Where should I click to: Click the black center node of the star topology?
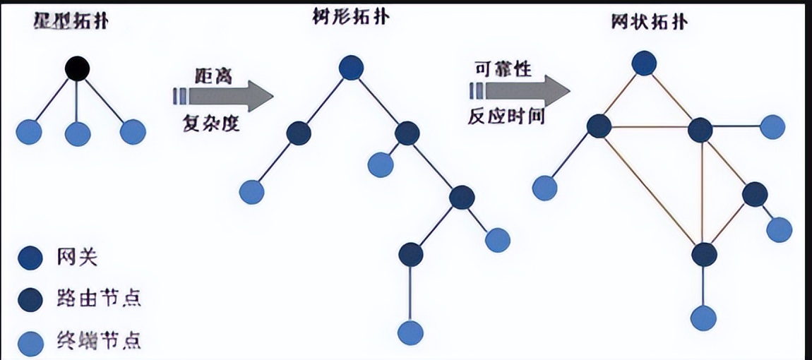tap(77, 69)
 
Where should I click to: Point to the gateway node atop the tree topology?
tap(351, 68)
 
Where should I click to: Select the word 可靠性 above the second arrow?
tap(503, 69)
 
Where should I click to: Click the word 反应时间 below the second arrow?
tap(506, 116)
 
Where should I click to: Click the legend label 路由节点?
tap(99, 299)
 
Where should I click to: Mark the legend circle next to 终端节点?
tap(30, 341)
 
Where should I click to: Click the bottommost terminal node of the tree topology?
tap(410, 331)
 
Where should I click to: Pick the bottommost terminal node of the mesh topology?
tap(703, 318)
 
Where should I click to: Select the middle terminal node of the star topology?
tap(77, 132)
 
